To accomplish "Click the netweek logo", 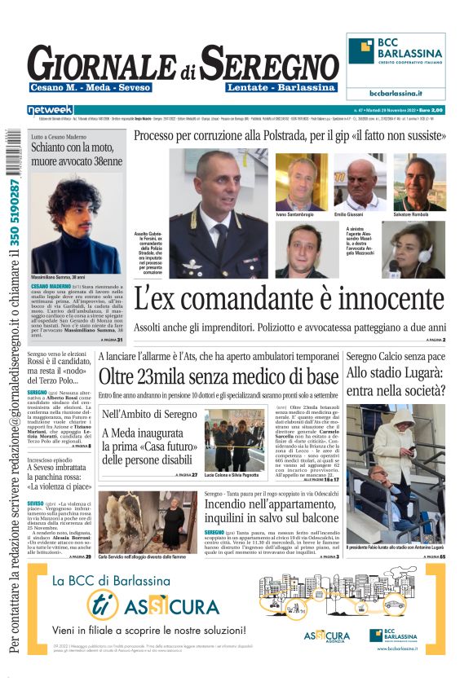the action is click(x=50, y=109).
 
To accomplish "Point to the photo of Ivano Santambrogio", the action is click(x=302, y=182).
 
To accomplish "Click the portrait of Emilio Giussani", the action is click(x=360, y=182).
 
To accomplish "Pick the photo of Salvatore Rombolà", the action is click(x=419, y=182).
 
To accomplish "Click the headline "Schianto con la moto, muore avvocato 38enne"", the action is click(x=76, y=155).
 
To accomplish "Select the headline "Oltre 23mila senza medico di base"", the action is click(x=219, y=376).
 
